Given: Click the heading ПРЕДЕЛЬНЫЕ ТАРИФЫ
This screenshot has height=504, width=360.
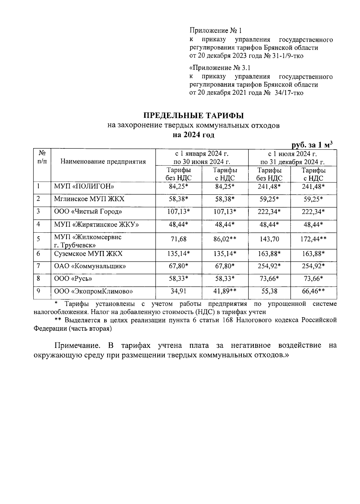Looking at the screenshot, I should click(193, 115).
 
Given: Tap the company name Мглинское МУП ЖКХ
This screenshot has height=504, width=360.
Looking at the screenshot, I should click(89, 199).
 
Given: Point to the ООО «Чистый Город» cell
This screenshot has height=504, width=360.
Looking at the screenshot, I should click(88, 212).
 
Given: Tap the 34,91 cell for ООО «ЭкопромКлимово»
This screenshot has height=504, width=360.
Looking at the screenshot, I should click(178, 291).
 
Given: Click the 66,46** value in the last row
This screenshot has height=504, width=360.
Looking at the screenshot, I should click(313, 291).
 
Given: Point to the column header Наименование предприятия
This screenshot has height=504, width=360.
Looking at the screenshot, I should click(103, 162).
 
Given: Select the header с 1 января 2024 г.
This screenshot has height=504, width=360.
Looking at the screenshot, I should click(202, 154).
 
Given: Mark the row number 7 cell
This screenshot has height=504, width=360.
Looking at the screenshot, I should click(38, 266).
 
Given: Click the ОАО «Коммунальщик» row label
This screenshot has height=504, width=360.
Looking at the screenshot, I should click(90, 266).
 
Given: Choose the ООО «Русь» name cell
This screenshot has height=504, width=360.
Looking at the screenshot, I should click(73, 279).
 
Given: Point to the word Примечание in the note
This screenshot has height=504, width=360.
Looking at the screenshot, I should click(77, 345).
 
